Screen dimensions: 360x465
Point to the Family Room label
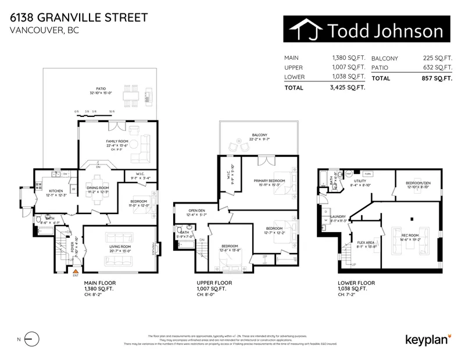117,141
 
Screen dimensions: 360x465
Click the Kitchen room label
56,191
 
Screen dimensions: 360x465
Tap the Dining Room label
98,188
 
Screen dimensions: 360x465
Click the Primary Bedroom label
269,181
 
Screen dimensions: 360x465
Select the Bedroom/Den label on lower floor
417,183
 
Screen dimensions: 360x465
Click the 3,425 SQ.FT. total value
348,88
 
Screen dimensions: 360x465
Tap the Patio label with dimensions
105,90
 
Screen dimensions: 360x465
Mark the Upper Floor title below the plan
215,283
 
